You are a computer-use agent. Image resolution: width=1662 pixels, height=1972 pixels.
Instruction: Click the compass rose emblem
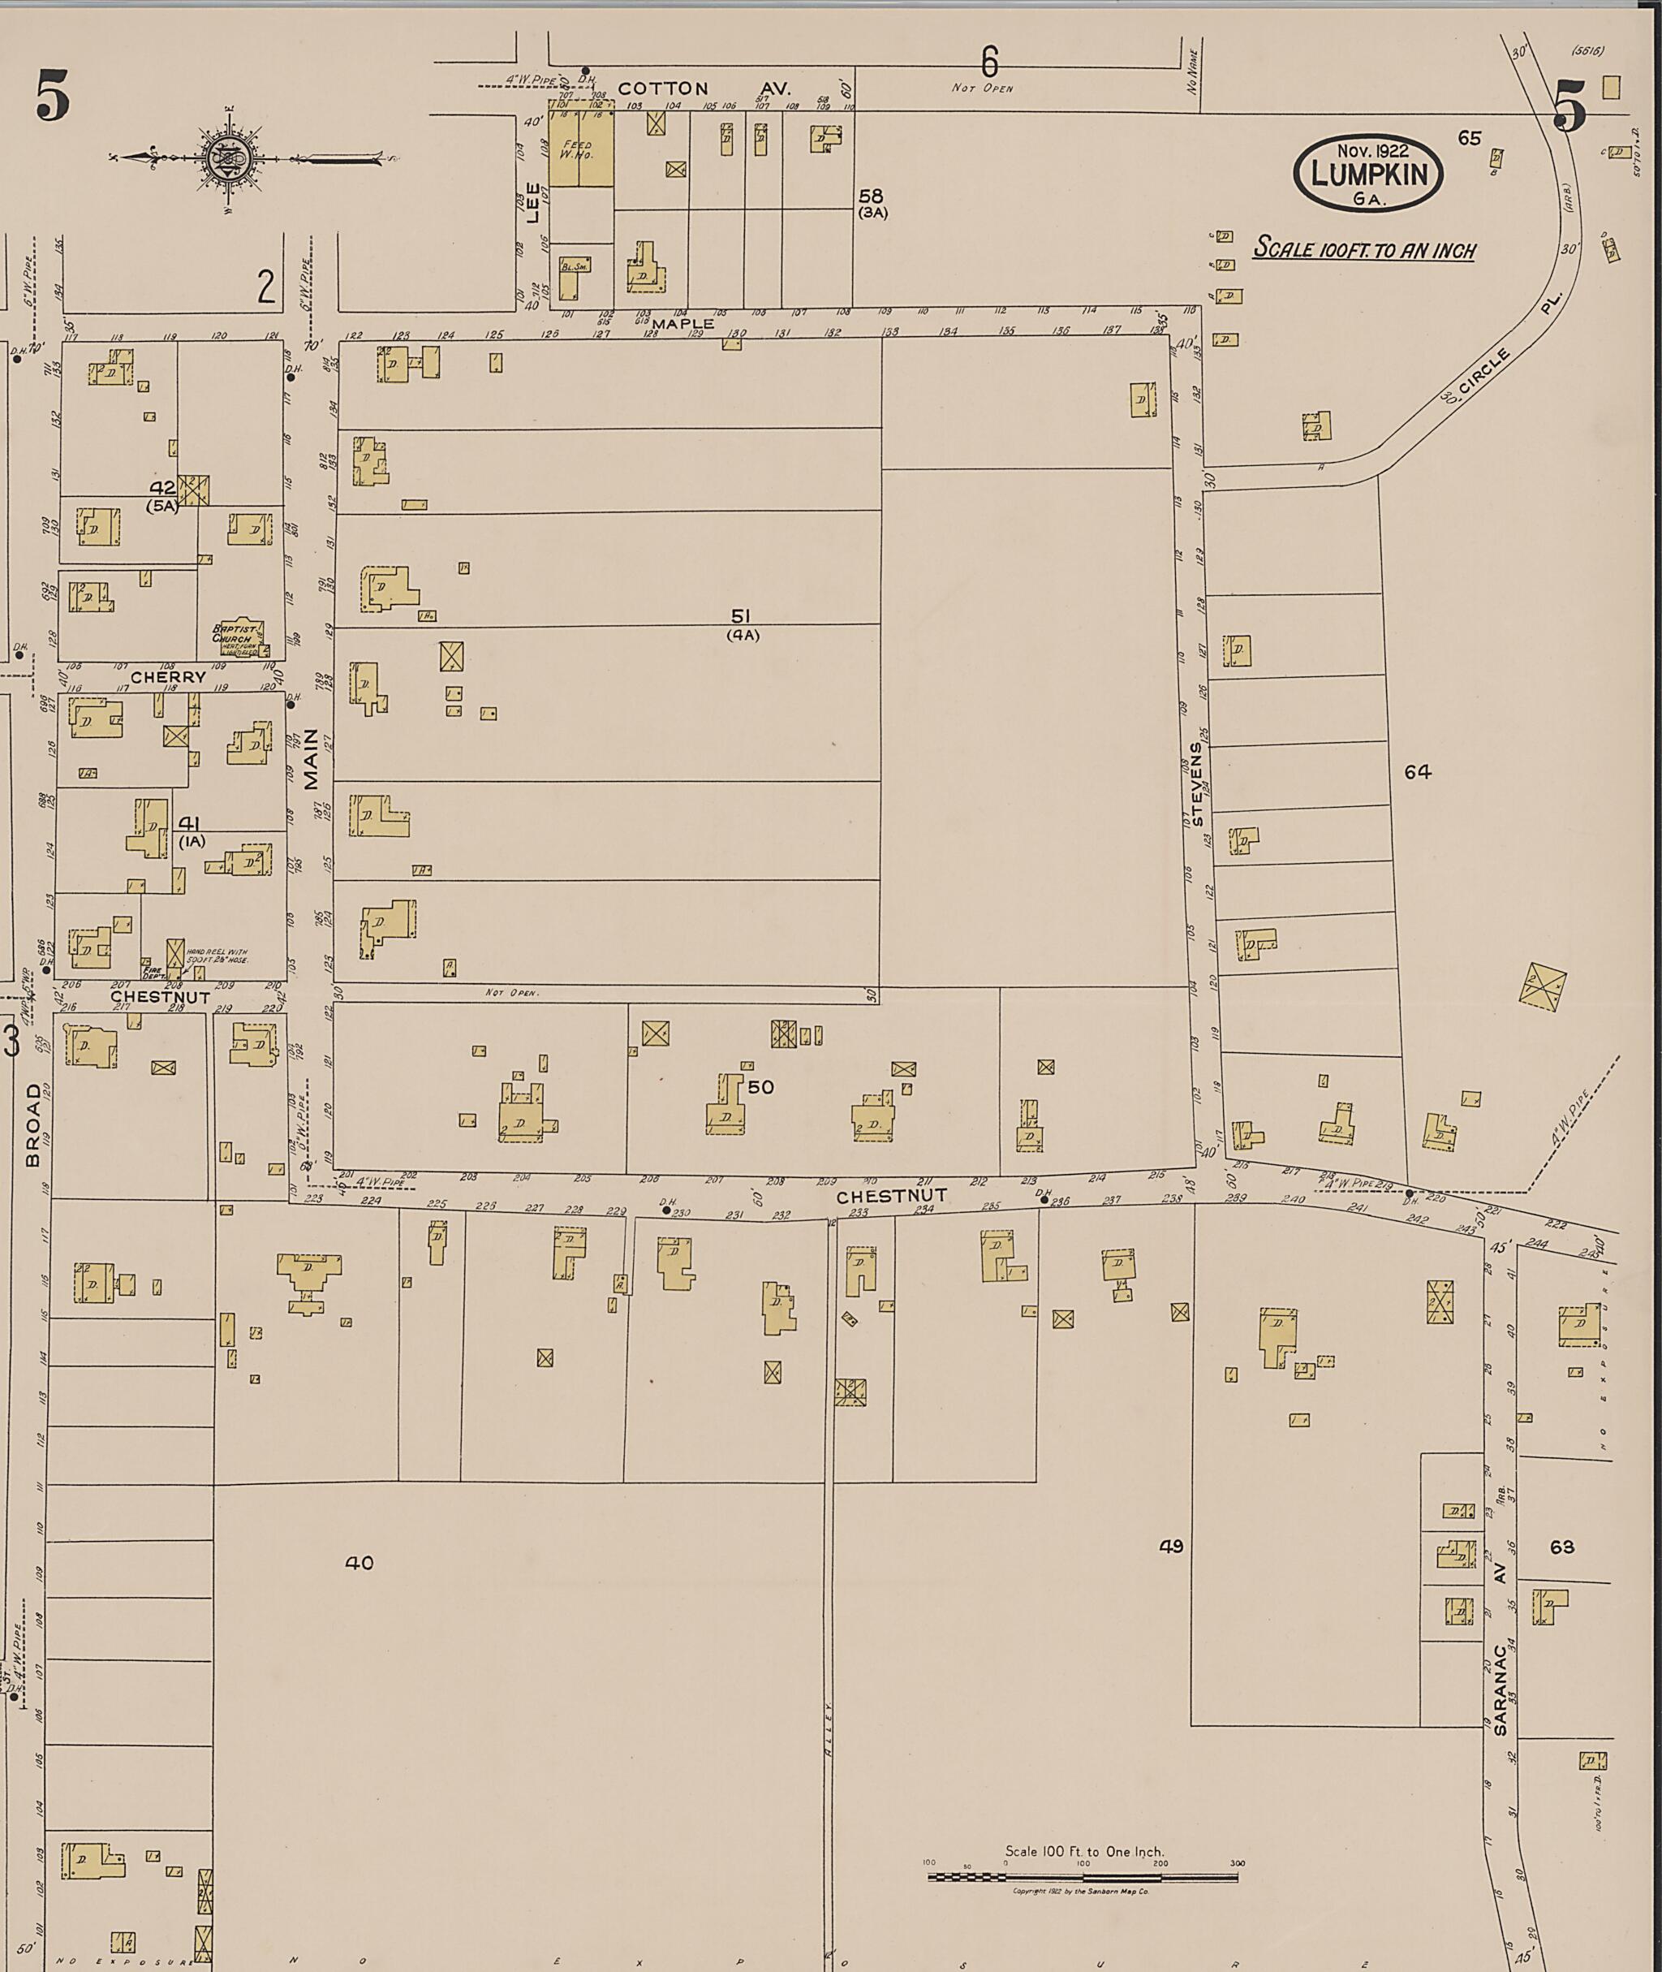pyautogui.click(x=229, y=158)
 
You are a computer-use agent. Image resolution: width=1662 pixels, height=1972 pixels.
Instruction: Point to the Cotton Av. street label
pyautogui.click(x=704, y=88)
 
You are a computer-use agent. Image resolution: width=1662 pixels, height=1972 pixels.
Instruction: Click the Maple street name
pyautogui.click(x=683, y=323)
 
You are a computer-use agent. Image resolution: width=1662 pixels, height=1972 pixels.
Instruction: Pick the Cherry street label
pyautogui.click(x=168, y=677)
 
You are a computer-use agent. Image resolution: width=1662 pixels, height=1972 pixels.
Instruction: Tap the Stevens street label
pyautogui.click(x=1196, y=783)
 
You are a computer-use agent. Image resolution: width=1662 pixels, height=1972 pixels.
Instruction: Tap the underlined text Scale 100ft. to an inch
pyautogui.click(x=1363, y=250)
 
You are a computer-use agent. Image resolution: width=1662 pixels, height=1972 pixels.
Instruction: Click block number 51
pyautogui.click(x=742, y=615)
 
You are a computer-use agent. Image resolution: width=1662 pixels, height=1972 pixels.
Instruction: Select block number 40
pyautogui.click(x=359, y=1563)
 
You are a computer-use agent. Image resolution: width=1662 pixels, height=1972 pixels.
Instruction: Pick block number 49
pyautogui.click(x=1171, y=1546)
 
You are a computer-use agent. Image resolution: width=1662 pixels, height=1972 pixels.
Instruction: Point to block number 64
pyautogui.click(x=1417, y=772)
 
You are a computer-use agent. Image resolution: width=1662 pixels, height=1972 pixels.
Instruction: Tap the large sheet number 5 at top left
pyautogui.click(x=53, y=100)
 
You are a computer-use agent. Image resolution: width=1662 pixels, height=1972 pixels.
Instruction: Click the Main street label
pyautogui.click(x=311, y=762)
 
